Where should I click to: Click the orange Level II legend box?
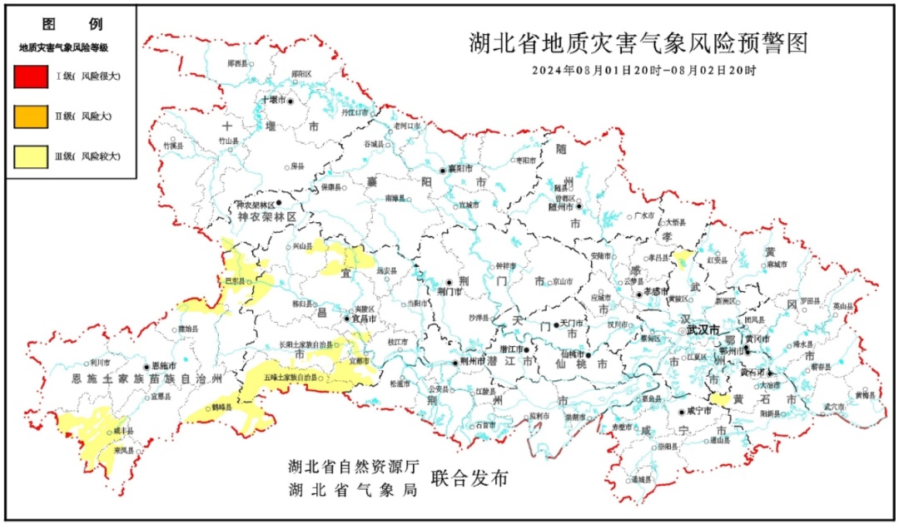[x=31, y=116]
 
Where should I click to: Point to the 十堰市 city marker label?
[x=274, y=99]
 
